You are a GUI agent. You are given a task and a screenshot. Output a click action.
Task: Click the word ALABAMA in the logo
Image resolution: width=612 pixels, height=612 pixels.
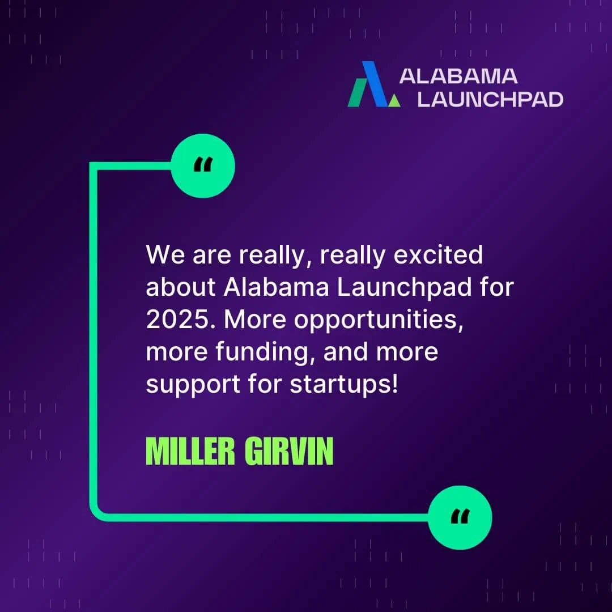pos(458,76)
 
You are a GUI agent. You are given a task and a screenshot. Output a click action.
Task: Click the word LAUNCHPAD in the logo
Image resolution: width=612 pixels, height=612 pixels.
pos(490,100)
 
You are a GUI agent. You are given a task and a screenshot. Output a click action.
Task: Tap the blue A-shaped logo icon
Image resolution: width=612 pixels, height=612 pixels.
pos(374,84)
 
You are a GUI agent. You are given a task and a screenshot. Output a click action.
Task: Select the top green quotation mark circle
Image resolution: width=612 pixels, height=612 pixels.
pos(203,166)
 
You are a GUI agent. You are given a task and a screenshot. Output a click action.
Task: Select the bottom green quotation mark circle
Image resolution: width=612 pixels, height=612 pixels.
pos(460,517)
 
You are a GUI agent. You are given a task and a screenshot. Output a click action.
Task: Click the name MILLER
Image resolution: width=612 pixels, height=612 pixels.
pos(190,451)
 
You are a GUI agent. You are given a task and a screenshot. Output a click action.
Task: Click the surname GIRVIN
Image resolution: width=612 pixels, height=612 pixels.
pos(289,451)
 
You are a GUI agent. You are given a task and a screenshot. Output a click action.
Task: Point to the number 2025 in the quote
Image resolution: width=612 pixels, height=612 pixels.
pos(178,320)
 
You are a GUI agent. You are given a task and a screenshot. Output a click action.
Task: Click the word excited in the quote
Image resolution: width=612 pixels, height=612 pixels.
pos(438,255)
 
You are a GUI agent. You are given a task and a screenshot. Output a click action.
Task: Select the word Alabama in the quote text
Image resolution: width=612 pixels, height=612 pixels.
pos(277,287)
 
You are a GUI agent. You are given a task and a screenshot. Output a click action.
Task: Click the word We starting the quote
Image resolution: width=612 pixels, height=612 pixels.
pos(165,255)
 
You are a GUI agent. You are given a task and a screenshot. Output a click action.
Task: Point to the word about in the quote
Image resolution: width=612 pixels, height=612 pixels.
pos(181,287)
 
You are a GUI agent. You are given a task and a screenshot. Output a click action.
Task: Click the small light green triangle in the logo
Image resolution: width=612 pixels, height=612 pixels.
pos(394,100)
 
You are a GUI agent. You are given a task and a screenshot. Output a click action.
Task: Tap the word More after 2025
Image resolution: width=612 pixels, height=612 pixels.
pos(255,320)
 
